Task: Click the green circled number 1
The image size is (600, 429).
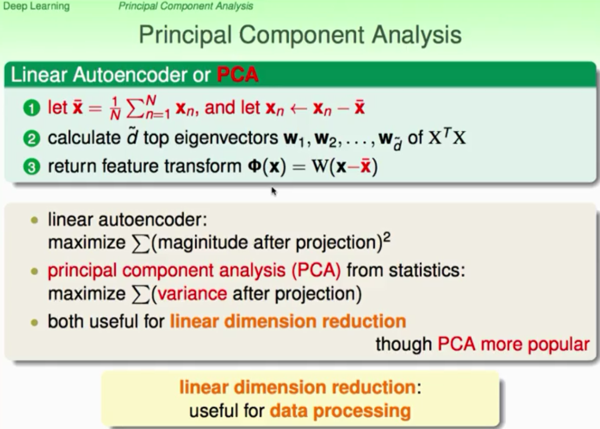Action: pyautogui.click(x=32, y=108)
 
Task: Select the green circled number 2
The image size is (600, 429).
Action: pyautogui.click(x=32, y=139)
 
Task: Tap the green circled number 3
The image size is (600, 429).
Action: pyautogui.click(x=32, y=167)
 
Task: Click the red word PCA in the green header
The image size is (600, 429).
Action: pyautogui.click(x=238, y=75)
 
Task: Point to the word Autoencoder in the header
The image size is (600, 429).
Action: pyautogui.click(x=130, y=75)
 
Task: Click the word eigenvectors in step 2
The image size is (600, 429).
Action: pyautogui.click(x=226, y=138)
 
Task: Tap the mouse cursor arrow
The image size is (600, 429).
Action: pyautogui.click(x=274, y=191)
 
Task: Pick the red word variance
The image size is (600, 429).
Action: pyautogui.click(x=192, y=294)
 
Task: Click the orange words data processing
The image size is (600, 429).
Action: pyautogui.click(x=340, y=411)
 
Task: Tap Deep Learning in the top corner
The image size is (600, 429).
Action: pyautogui.click(x=37, y=6)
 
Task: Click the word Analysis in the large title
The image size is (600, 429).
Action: pyautogui.click(x=417, y=36)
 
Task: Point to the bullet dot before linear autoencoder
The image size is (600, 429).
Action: pyautogui.click(x=35, y=221)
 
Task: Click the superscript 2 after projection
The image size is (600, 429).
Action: pyautogui.click(x=387, y=238)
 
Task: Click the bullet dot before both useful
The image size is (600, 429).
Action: pyautogui.click(x=35, y=322)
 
